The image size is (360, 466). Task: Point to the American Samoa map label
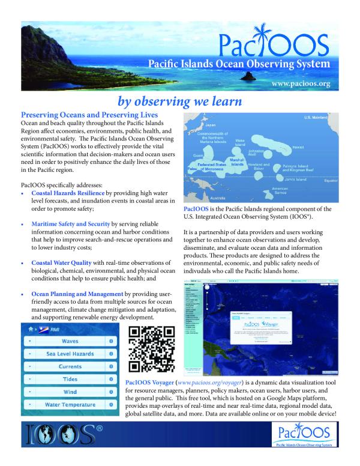coord(281,191)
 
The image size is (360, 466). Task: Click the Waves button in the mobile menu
coord(70,341)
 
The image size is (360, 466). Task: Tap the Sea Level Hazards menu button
coord(70,354)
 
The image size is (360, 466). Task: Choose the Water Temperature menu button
coord(70,405)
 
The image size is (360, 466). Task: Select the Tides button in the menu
coord(70,380)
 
